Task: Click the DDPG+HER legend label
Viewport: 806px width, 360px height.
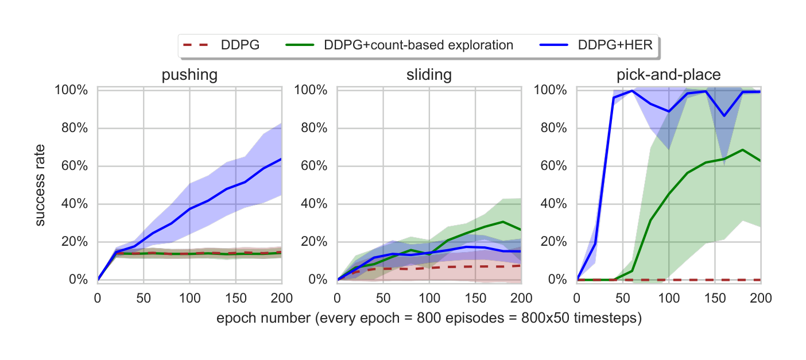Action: click(615, 45)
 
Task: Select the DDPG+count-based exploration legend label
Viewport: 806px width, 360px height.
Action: click(418, 45)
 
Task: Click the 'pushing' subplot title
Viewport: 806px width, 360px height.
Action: click(189, 76)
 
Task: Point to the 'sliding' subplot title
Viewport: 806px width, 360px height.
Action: click(428, 76)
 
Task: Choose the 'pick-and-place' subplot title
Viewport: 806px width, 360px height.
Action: click(668, 76)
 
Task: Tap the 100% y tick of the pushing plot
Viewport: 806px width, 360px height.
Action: click(71, 90)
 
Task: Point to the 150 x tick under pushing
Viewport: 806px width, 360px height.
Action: click(235, 298)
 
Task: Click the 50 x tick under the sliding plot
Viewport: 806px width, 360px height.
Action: click(383, 298)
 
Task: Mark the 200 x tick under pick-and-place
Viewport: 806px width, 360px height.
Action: click(760, 298)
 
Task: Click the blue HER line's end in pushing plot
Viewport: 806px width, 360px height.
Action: click(281, 159)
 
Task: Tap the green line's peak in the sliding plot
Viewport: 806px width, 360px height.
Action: click(503, 222)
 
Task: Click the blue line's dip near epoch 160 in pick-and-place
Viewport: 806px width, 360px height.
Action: click(724, 116)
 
